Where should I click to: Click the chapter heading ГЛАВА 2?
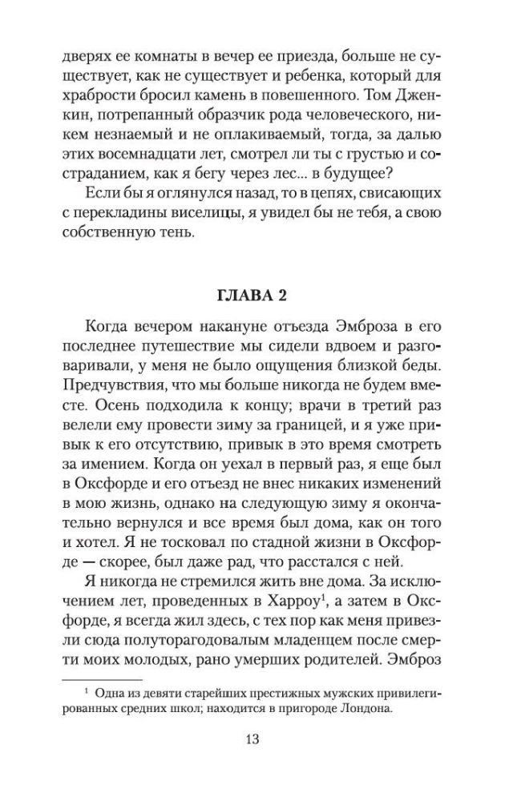(x=256, y=294)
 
